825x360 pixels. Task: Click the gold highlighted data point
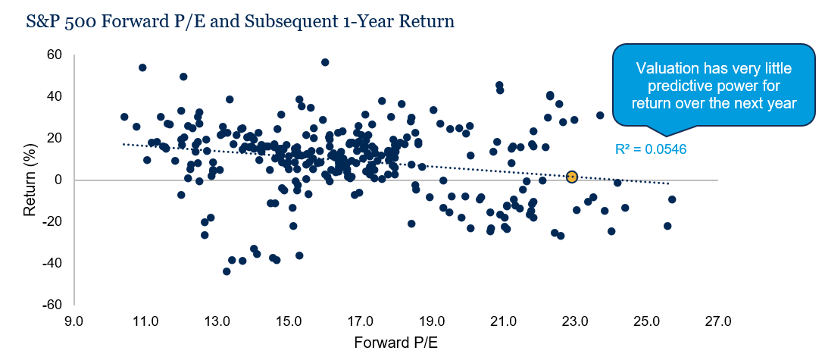(571, 177)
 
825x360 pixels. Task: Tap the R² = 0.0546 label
(651, 149)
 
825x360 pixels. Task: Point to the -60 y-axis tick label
(52, 305)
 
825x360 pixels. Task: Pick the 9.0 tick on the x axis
(73, 321)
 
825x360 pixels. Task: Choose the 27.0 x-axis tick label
(717, 321)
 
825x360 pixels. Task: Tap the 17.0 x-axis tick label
(359, 321)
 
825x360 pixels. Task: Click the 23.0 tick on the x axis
(574, 321)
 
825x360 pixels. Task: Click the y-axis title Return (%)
(30, 180)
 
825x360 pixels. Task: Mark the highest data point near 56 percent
(325, 62)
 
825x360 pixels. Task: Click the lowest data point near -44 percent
(227, 271)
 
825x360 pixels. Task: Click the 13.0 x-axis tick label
(217, 321)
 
